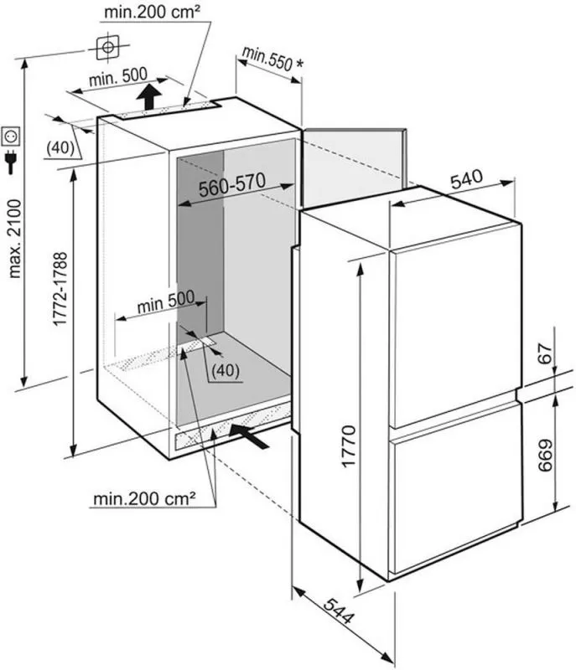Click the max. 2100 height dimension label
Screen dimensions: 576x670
pos(15,239)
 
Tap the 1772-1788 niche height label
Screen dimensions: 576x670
pos(60,289)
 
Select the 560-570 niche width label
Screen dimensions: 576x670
pos(232,185)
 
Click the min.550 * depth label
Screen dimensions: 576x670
pos(272,58)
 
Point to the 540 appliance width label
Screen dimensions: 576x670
pos(466,179)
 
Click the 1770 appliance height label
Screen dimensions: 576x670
pos(349,446)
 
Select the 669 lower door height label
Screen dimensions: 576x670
pos(545,456)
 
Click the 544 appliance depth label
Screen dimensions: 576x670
pos(339,617)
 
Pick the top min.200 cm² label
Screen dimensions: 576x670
pos(152,12)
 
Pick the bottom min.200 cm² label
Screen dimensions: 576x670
pos(144,497)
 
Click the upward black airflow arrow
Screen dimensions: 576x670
pos(149,96)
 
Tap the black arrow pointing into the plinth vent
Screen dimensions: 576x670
pos(249,435)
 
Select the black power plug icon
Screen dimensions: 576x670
pos(10,162)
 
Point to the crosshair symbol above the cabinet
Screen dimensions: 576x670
pos(108,47)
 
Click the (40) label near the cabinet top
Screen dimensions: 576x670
pos(60,148)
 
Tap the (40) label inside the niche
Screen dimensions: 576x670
pos(226,370)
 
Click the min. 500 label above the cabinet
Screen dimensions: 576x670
pos(118,76)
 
